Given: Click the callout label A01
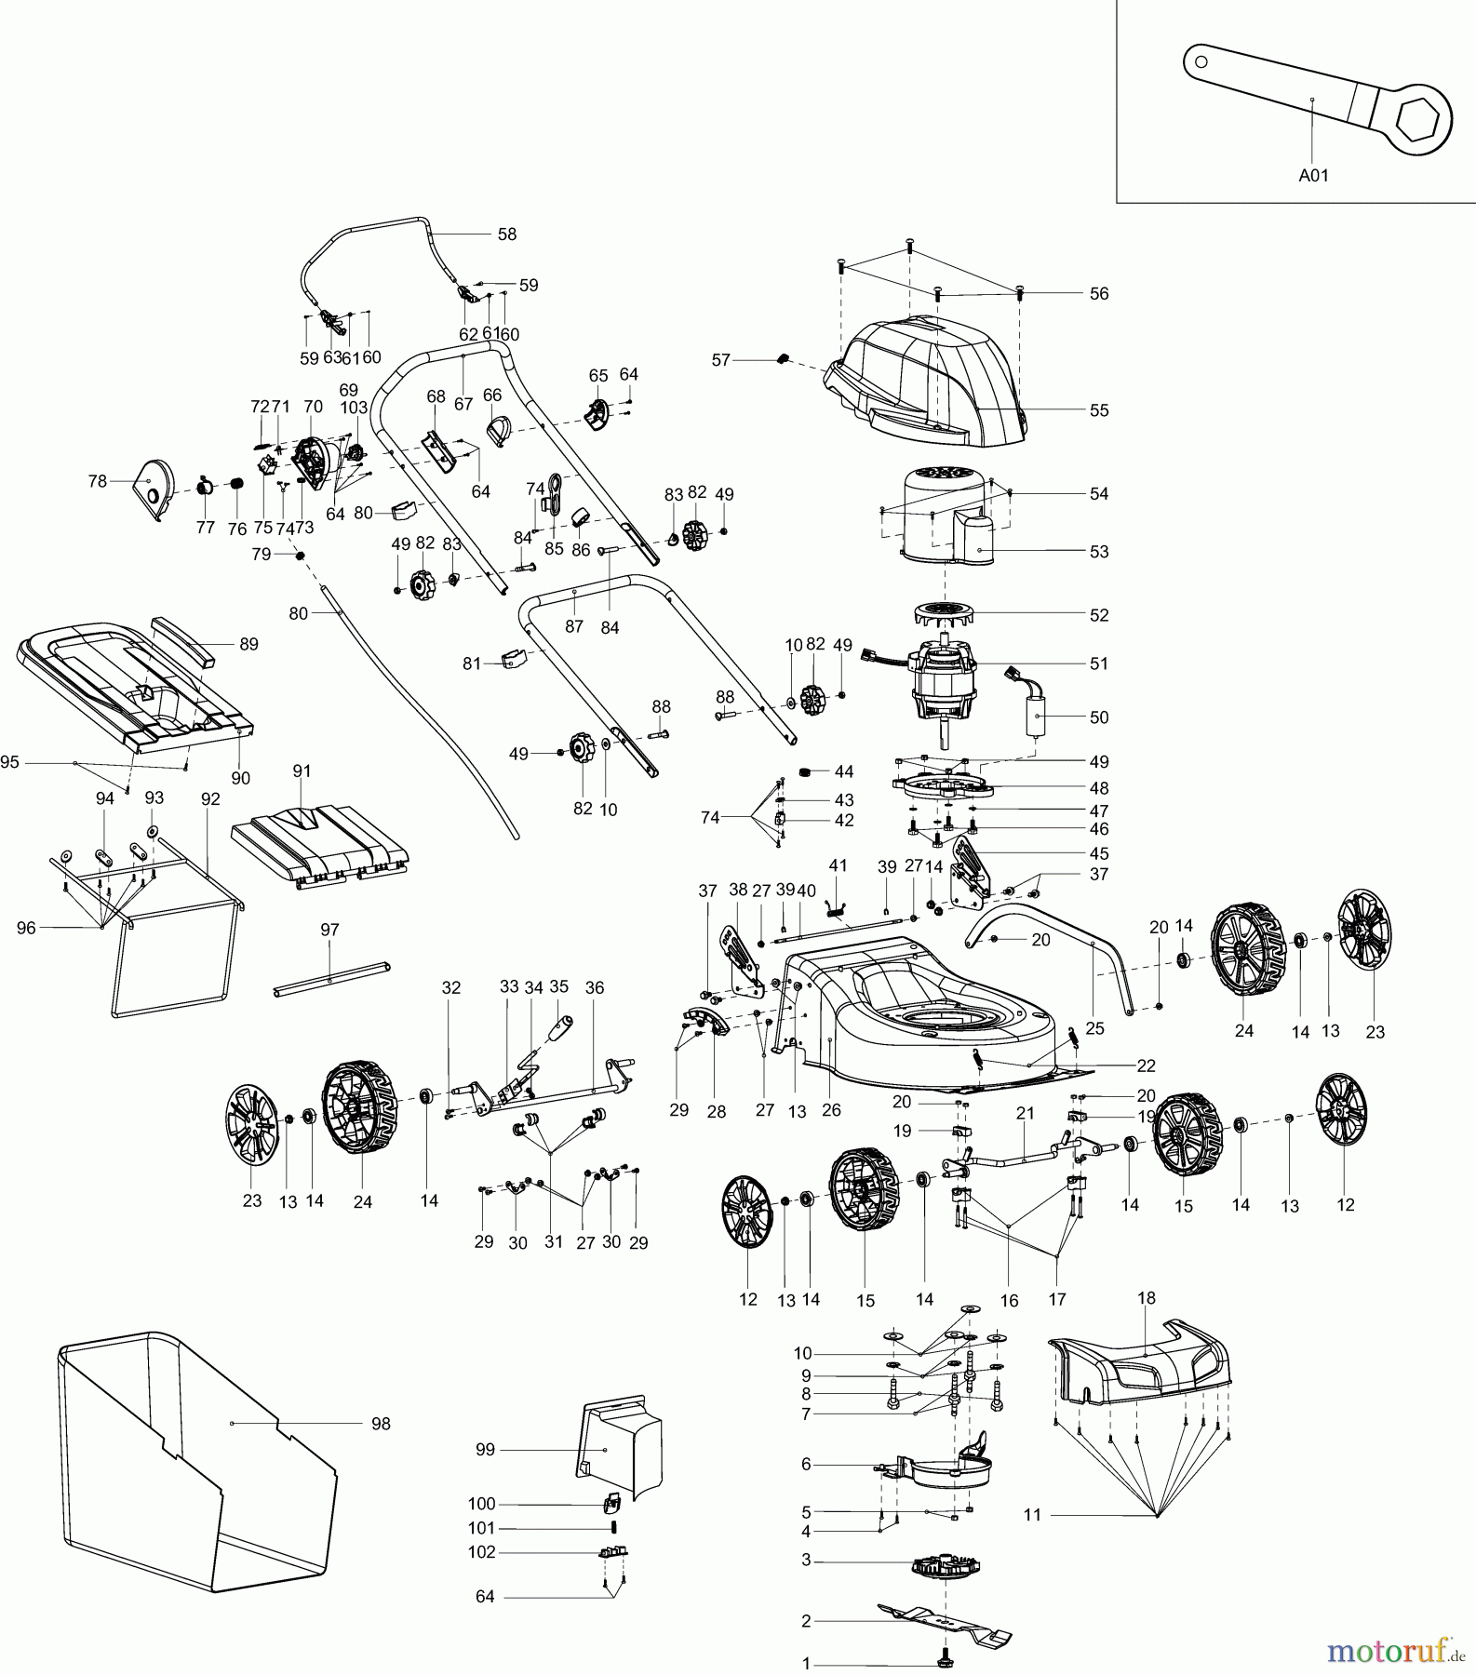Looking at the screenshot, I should pyautogui.click(x=1313, y=174).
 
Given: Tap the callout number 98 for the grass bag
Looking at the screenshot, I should pyautogui.click(x=380, y=1424).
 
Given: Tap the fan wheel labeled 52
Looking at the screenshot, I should pyautogui.click(x=945, y=615).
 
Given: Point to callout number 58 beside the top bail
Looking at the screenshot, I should pyautogui.click(x=506, y=234).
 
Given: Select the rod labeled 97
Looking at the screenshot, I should pyautogui.click(x=330, y=979).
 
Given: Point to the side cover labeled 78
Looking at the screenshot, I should pyautogui.click(x=149, y=489).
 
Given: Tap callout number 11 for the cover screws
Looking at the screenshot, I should pyautogui.click(x=1032, y=1515).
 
